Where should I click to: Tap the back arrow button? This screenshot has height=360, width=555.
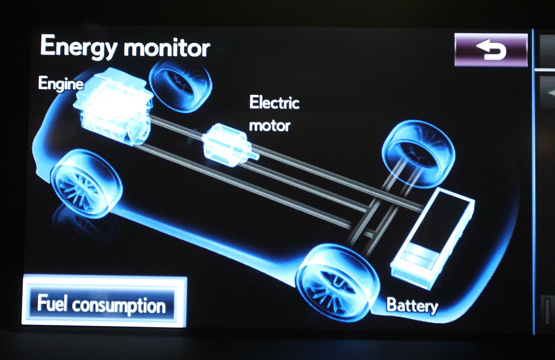tap(490, 50)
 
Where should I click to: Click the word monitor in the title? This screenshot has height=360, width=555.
tap(167, 48)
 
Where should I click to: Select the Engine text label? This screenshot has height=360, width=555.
tap(61, 84)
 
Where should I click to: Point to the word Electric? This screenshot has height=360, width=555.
tap(274, 103)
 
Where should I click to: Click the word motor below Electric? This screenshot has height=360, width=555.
tap(270, 126)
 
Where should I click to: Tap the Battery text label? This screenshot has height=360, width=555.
tap(412, 305)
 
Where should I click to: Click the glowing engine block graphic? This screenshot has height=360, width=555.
tap(113, 106)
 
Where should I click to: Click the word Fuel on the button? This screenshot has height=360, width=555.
tap(52, 302)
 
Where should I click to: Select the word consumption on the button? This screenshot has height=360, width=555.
tap(119, 305)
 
